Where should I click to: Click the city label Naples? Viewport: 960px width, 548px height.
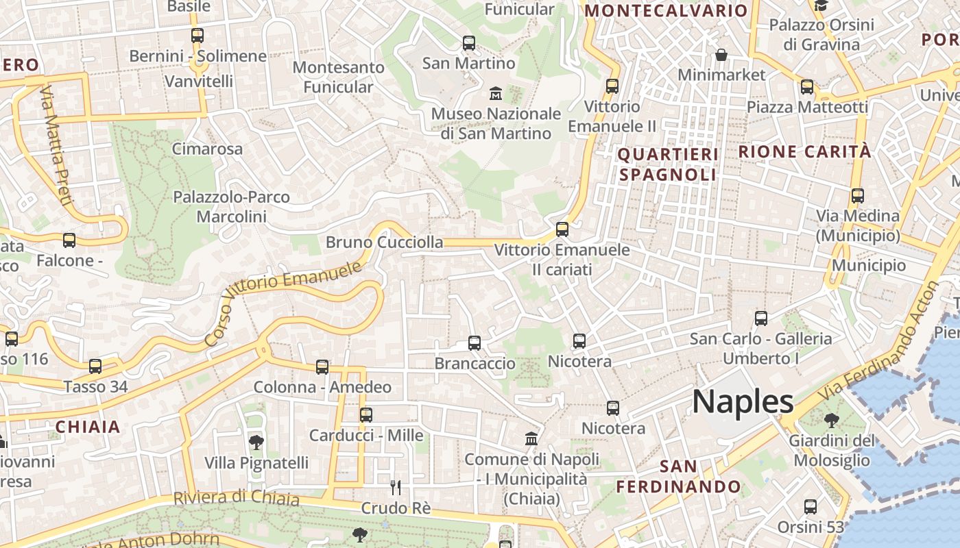[743, 401]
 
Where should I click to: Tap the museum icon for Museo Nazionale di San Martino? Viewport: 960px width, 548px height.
[495, 92]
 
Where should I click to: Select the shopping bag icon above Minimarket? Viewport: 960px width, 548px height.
[721, 54]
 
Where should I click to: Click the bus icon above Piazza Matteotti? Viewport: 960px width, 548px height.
[807, 87]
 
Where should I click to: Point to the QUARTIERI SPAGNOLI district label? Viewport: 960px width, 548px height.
[668, 164]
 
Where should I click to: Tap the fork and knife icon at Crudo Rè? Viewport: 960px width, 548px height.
[396, 487]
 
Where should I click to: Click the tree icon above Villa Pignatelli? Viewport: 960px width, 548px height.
[256, 442]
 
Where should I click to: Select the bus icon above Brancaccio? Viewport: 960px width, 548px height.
[474, 342]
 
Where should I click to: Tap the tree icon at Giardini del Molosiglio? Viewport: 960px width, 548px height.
[832, 420]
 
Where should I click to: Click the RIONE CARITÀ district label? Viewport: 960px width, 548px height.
[804, 151]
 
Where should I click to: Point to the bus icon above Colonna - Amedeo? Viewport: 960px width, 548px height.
[322, 366]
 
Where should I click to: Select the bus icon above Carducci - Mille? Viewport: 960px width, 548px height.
[366, 414]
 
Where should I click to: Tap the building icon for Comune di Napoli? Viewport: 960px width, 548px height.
[531, 438]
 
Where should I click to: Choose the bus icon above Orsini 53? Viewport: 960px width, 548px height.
[811, 507]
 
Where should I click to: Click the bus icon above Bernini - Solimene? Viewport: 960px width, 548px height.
[197, 35]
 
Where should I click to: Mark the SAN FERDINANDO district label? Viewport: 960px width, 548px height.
[678, 477]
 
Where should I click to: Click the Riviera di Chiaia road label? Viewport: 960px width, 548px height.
[236, 497]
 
